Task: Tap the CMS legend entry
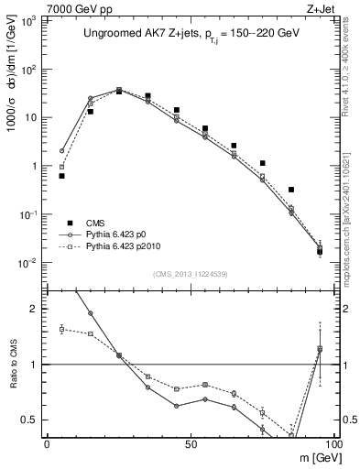[x=97, y=223]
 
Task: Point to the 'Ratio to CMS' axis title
[x=13, y=365]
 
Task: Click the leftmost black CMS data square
[x=61, y=176]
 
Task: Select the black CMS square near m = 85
[x=291, y=190]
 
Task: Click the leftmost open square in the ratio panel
[x=61, y=329]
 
